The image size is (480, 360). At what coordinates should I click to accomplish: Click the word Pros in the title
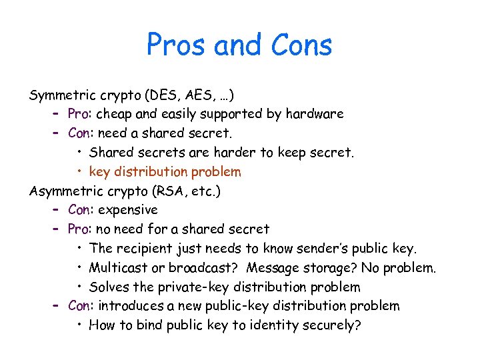tap(177, 45)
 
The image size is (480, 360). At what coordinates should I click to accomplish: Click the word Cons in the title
tap(302, 45)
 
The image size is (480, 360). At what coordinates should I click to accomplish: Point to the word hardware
tap(315, 114)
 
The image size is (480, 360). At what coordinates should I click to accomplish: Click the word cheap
tap(115, 114)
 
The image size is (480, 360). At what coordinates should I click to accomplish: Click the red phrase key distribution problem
tap(165, 172)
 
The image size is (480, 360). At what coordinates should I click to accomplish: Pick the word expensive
tap(127, 210)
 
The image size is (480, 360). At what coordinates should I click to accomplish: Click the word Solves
tap(109, 287)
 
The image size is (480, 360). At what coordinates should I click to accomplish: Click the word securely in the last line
tap(330, 325)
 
